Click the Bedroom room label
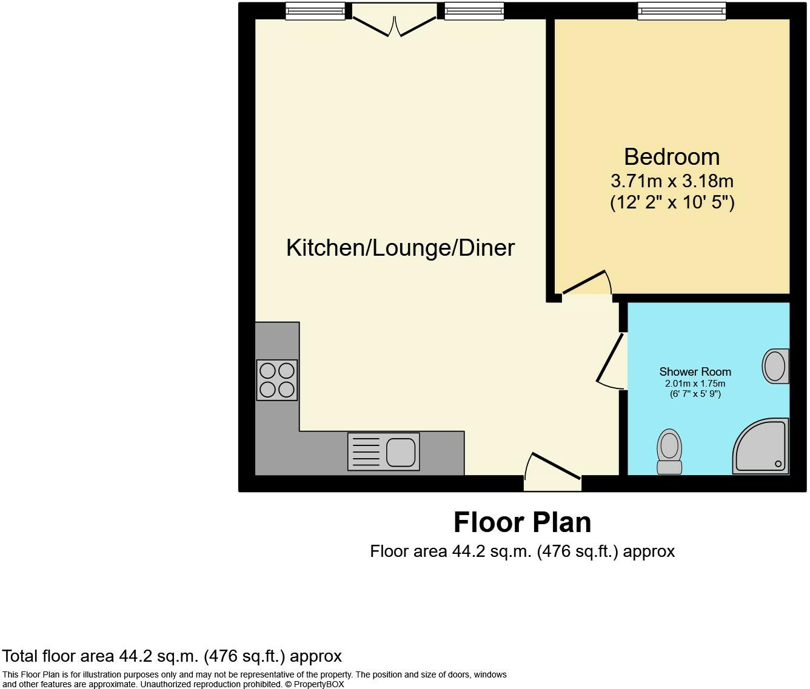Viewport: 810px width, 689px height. tap(672, 157)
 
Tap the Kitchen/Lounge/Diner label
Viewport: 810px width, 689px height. tap(400, 248)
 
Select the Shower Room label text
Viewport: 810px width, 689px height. tap(695, 371)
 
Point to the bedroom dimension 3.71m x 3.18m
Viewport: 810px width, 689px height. tap(672, 181)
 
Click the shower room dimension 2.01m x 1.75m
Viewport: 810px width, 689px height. tap(695, 384)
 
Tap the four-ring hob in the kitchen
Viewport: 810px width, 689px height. tap(277, 380)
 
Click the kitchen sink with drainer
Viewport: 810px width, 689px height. tap(383, 451)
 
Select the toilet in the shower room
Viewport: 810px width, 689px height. tap(669, 452)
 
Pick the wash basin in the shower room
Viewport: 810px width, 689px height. tap(776, 366)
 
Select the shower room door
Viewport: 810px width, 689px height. tap(611, 361)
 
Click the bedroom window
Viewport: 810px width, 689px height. tap(681, 10)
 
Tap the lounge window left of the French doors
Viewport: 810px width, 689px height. tap(315, 10)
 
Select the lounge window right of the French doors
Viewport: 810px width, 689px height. tap(474, 10)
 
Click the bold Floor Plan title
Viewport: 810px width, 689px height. tap(522, 522)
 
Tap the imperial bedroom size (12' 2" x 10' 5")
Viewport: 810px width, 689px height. tap(672, 202)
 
